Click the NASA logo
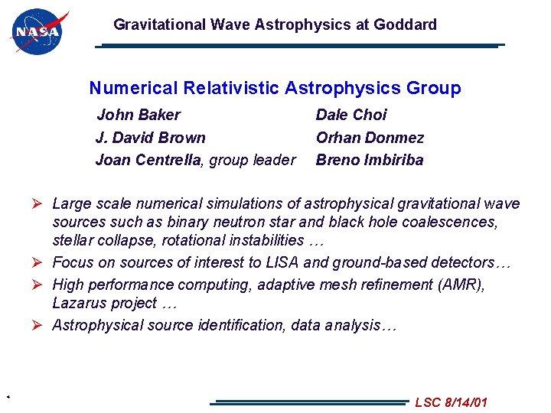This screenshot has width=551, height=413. [38, 33]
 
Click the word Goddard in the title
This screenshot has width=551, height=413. [405, 24]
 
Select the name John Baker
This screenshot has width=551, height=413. [139, 115]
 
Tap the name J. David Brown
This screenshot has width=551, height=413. [150, 138]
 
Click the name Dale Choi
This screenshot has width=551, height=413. [351, 115]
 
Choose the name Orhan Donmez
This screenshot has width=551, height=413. [370, 138]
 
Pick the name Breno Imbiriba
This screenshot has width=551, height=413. [369, 160]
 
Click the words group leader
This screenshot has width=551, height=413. [252, 160]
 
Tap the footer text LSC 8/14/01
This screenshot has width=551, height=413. [451, 402]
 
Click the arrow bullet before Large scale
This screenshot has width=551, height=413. [41, 203]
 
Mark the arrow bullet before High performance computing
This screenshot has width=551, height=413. [41, 285]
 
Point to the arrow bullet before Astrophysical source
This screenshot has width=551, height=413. [41, 325]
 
